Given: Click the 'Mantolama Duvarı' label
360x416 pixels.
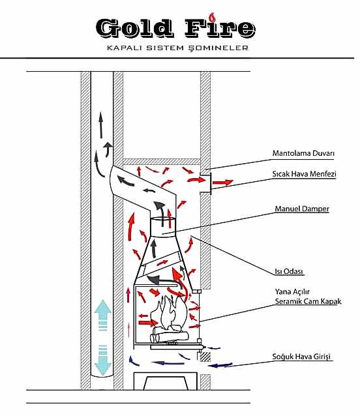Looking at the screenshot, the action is [x=303, y=153].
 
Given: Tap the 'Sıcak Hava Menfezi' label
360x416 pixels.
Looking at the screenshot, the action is [x=304, y=174].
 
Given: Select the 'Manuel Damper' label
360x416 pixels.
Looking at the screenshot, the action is [x=302, y=209].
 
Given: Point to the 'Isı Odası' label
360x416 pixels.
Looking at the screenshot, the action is [x=289, y=271].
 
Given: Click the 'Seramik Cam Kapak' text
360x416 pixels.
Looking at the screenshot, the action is [x=308, y=301].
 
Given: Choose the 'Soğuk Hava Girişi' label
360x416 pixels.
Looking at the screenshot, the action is [x=301, y=357].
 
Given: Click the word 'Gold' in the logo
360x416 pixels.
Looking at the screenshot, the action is [x=134, y=28].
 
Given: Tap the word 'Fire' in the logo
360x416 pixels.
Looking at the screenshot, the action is [x=220, y=28].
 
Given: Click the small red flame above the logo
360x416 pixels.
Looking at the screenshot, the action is [x=211, y=17].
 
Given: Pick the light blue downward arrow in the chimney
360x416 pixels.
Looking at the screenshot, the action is [x=102, y=360].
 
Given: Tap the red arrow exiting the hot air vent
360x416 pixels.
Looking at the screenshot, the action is [x=223, y=183].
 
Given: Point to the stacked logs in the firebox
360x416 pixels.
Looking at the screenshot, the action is [x=170, y=334].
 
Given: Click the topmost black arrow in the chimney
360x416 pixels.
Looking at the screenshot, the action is [x=101, y=125].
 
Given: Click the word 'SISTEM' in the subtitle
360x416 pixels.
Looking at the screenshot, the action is [x=165, y=48].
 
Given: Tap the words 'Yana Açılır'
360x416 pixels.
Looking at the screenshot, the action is [x=292, y=292].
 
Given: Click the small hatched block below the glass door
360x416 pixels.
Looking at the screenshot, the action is [x=205, y=357].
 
